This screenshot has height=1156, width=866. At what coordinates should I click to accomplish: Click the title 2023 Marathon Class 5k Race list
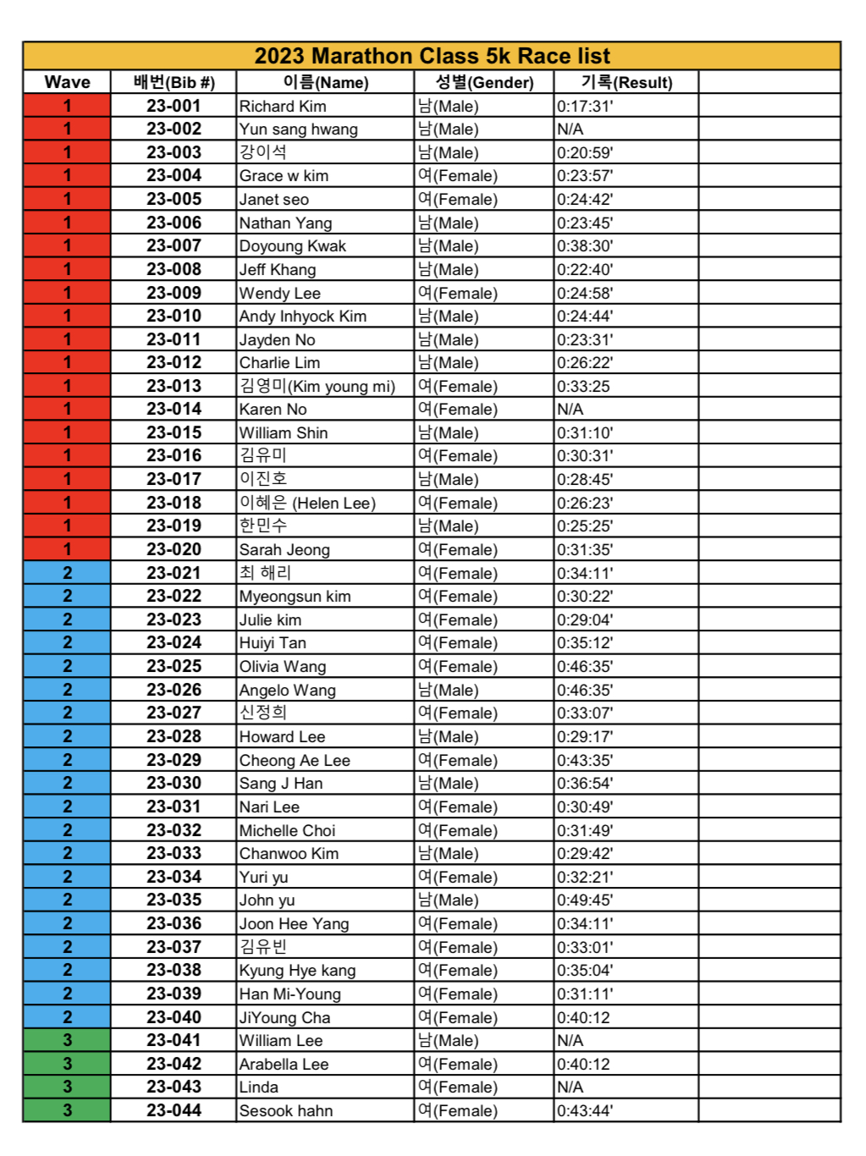[x=432, y=56]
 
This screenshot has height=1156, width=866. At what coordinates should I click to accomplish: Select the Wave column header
[x=67, y=82]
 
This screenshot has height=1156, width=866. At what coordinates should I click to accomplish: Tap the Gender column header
[x=484, y=82]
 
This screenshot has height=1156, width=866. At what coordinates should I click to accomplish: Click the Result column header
[x=626, y=82]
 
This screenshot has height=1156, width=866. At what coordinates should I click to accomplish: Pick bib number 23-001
[x=174, y=106]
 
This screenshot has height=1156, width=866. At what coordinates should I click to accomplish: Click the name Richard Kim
[x=283, y=107]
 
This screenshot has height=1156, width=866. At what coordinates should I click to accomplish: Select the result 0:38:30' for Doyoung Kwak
[x=585, y=246]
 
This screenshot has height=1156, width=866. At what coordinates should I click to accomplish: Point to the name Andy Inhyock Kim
[x=303, y=317]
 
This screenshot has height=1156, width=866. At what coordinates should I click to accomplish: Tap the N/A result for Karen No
[x=570, y=410]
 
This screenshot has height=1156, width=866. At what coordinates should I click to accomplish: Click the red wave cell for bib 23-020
[x=67, y=549]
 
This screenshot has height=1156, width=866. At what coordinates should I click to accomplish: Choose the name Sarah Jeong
[x=284, y=550]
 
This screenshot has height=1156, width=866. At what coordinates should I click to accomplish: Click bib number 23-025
[x=174, y=666]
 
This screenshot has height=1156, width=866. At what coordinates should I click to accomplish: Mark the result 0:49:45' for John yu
[x=585, y=900]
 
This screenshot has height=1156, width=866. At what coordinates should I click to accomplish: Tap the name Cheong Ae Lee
[x=295, y=761]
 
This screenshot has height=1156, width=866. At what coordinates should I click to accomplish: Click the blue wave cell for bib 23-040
[x=67, y=1017]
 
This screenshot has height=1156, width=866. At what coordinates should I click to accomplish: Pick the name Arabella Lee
[x=284, y=1065]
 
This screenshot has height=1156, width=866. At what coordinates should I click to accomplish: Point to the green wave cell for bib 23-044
[x=67, y=1110]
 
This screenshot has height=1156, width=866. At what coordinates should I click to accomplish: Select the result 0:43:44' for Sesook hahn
[x=585, y=1111]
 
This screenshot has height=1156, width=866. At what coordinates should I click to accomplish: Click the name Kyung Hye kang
[x=297, y=971]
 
